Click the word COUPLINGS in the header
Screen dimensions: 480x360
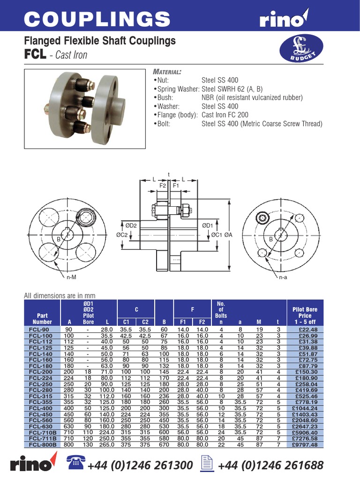[97, 19]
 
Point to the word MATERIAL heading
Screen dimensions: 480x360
[167, 72]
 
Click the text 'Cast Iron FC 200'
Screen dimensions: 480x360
[225, 115]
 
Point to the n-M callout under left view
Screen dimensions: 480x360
[71, 277]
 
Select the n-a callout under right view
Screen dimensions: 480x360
[283, 277]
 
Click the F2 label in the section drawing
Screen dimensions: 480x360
[163, 186]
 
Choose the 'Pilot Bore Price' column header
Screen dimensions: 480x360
[305, 315]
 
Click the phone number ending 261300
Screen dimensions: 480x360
[140, 465]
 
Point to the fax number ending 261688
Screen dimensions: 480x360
[270, 465]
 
